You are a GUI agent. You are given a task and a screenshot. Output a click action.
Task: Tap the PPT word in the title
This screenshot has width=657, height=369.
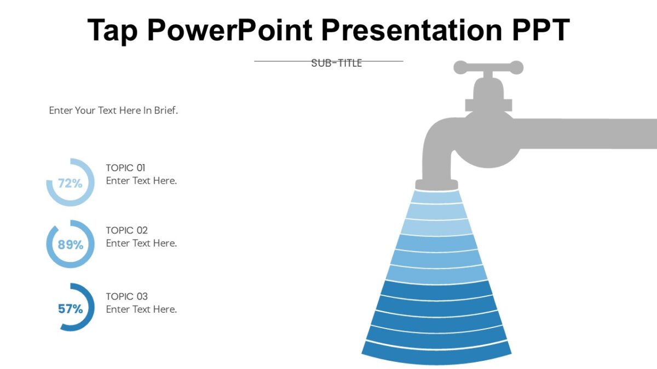pyautogui.click(x=540, y=31)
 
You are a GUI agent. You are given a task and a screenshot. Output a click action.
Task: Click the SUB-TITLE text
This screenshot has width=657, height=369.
pyautogui.click(x=336, y=63)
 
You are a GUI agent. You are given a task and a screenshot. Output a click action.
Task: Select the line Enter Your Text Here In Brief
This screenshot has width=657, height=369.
pyautogui.click(x=113, y=110)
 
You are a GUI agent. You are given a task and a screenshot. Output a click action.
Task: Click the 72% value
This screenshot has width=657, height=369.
pyautogui.click(x=70, y=184)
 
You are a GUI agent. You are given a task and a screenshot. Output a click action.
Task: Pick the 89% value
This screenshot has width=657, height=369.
pyautogui.click(x=71, y=245)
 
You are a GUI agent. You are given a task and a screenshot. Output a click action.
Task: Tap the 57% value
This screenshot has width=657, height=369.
pyautogui.click(x=71, y=309)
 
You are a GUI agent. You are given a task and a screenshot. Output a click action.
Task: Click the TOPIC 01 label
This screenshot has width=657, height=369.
pyautogui.click(x=125, y=168)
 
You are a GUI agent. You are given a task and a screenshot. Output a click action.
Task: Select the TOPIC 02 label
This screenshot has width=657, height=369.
pyautogui.click(x=126, y=230)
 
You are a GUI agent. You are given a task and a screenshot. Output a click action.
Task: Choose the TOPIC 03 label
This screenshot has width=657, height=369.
pyautogui.click(x=126, y=296)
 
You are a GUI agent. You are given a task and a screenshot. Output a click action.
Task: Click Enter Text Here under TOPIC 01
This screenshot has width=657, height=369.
pyautogui.click(x=141, y=181)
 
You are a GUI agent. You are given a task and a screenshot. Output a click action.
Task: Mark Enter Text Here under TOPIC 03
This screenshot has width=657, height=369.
pyautogui.click(x=141, y=309)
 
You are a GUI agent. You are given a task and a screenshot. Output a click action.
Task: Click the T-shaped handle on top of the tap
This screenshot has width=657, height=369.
pyautogui.click(x=488, y=68)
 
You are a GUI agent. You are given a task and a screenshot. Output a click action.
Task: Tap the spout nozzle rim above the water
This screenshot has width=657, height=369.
pyautogui.click(x=436, y=184)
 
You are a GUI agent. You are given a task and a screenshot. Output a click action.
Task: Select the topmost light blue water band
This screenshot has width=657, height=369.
pyautogui.click(x=436, y=196)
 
